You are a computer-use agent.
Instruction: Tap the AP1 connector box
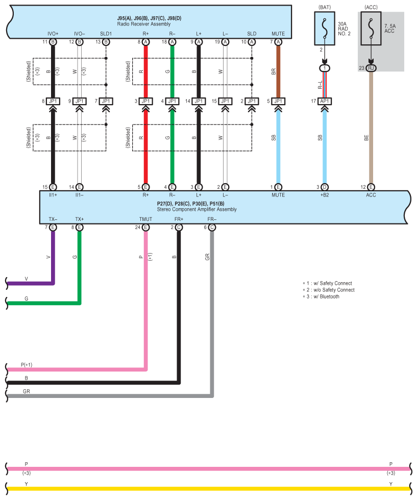click(x=325, y=101)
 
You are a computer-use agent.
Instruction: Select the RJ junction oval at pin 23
click(x=371, y=68)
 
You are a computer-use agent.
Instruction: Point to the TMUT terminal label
click(x=145, y=219)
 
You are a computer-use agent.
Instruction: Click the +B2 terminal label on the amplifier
click(x=325, y=195)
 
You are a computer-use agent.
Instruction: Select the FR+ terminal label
click(x=179, y=219)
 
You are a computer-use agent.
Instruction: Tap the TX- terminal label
click(x=53, y=219)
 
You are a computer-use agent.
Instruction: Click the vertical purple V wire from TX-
click(x=53, y=255)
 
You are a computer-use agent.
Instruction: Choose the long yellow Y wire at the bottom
click(x=204, y=489)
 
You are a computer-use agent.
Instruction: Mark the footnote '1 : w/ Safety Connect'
click(x=328, y=283)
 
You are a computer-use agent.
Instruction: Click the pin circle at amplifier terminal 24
click(x=145, y=228)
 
